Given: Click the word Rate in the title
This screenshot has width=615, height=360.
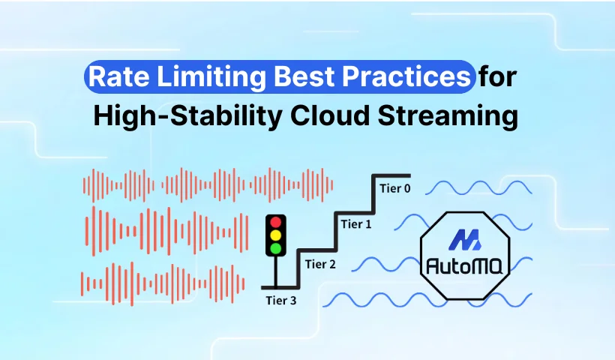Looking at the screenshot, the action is (118, 76).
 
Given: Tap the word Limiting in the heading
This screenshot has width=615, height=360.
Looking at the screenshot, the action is (211, 76).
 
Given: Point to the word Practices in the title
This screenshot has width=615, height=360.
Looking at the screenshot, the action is (406, 76).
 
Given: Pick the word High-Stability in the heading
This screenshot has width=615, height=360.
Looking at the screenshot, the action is (187, 116).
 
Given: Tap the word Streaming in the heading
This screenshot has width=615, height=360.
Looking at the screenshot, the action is (448, 116).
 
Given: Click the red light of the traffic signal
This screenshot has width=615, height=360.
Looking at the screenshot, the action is (276, 223).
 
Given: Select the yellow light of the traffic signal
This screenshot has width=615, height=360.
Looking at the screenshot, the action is (276, 235).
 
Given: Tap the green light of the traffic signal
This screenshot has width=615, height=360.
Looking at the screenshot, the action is (276, 248).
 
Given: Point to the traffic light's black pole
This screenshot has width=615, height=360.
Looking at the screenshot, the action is (276, 271).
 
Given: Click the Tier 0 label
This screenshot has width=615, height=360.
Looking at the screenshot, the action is (395, 189).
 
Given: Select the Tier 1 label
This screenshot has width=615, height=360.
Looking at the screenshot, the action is (356, 224).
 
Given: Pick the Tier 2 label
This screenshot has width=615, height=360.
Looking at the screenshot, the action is (320, 264).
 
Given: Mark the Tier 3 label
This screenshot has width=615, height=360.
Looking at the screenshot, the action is (280, 301).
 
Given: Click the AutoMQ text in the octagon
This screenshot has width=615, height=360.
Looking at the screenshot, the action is (464, 266).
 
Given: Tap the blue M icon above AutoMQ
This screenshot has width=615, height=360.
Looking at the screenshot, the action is (465, 239).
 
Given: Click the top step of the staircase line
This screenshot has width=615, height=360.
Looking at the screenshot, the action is (391, 175).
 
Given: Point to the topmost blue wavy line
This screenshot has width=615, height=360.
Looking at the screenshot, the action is (478, 187).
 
